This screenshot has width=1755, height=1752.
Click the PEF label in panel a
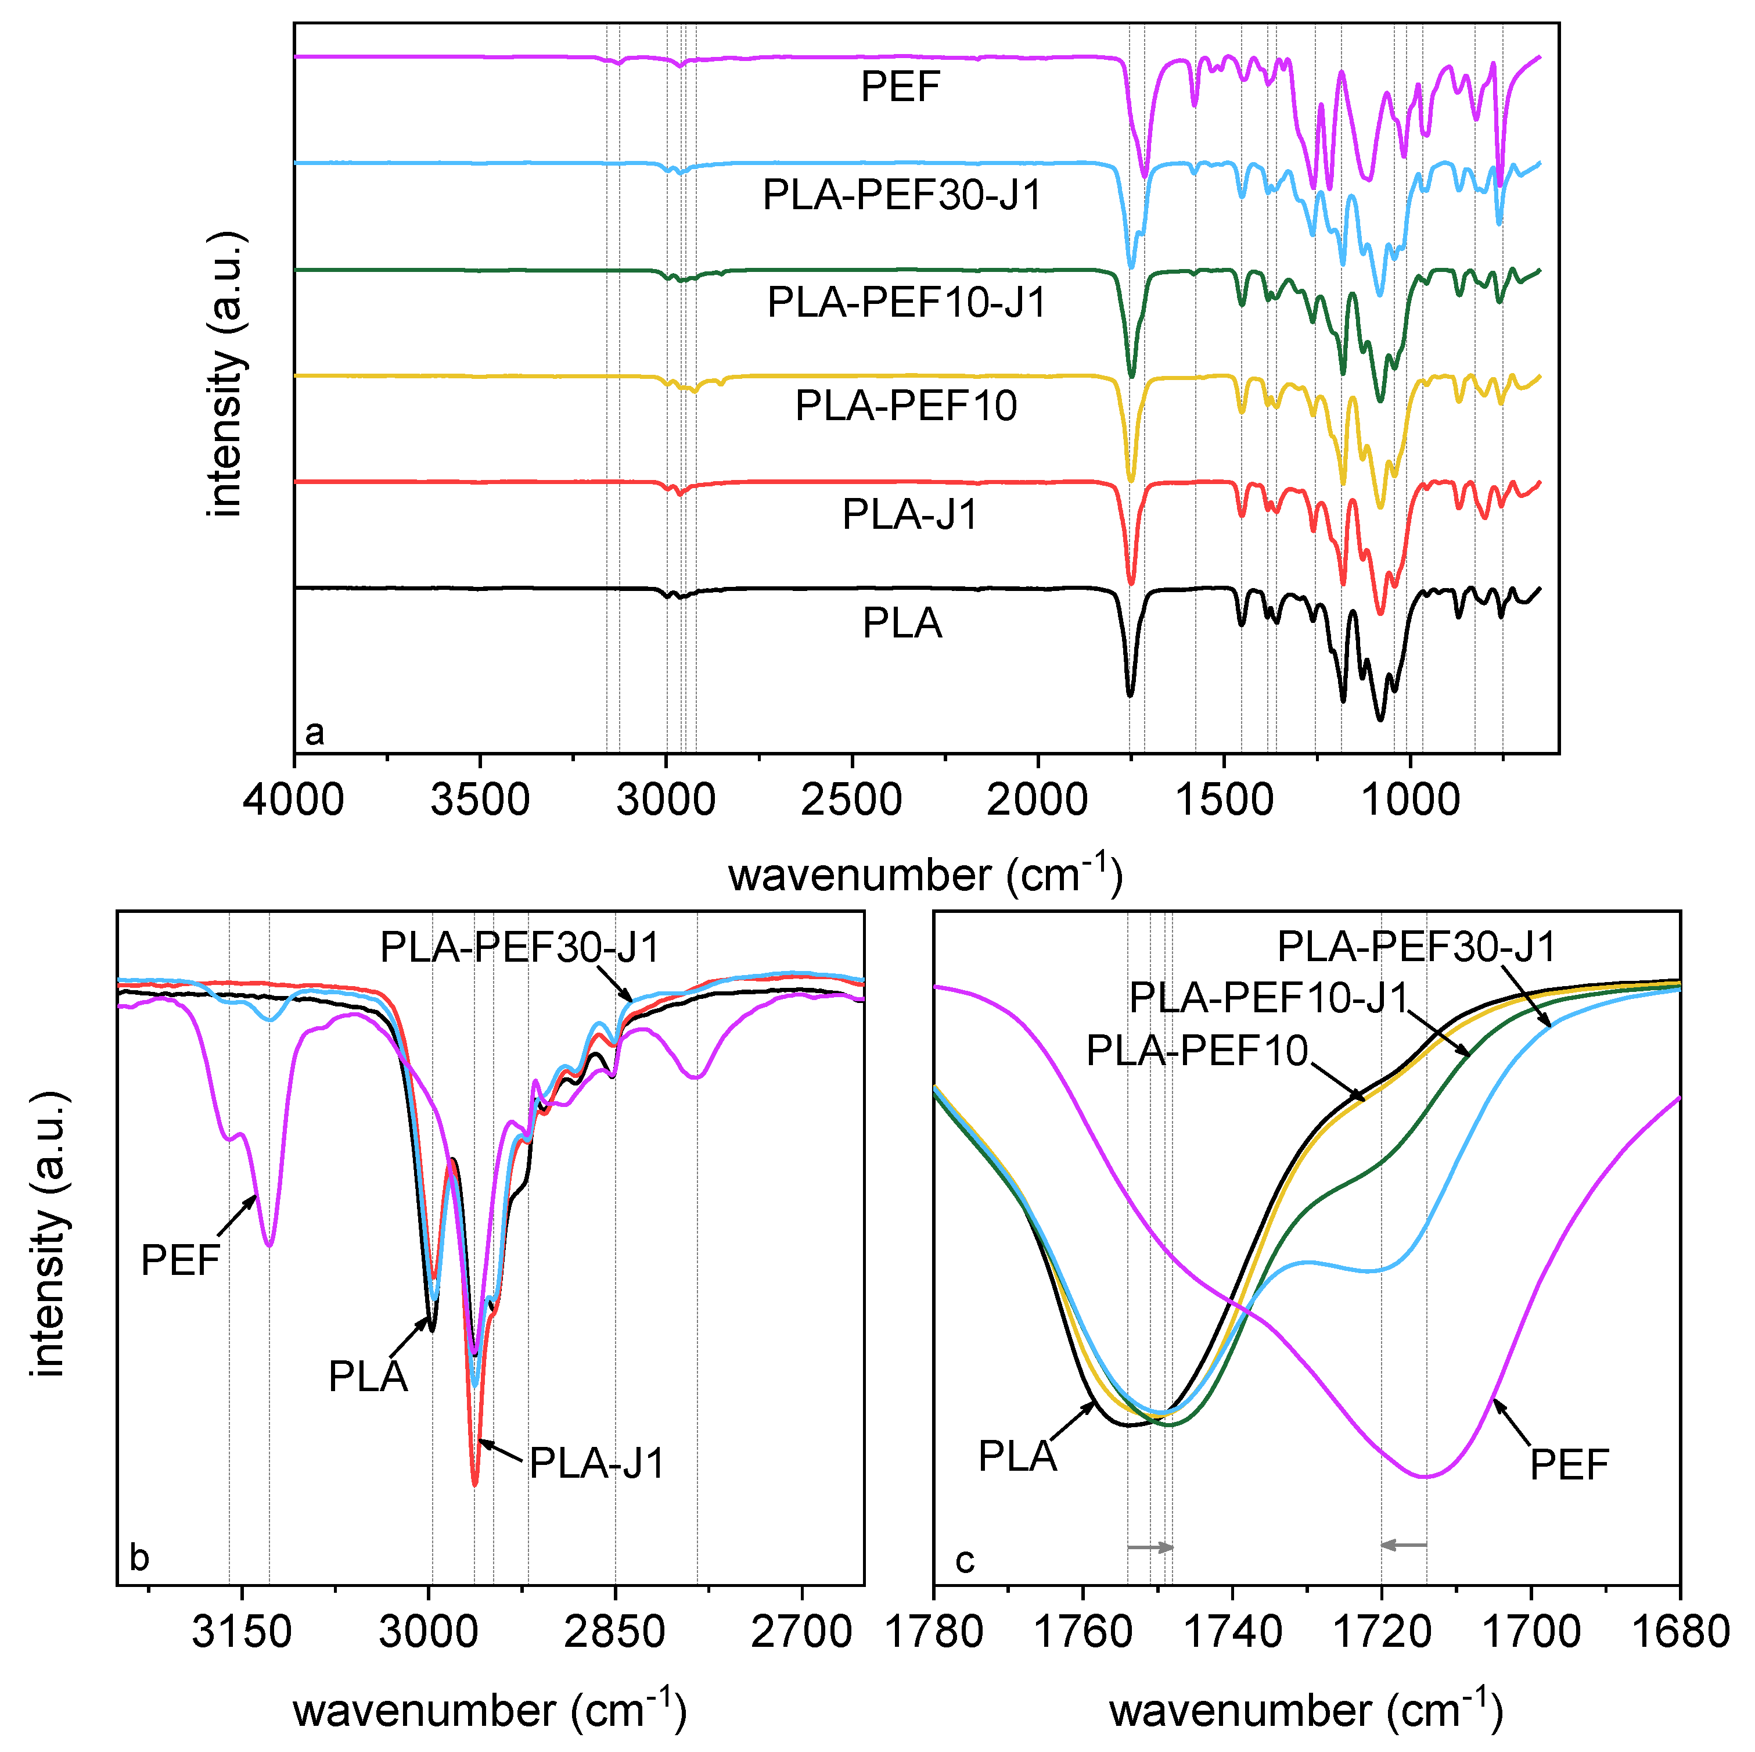click(900, 87)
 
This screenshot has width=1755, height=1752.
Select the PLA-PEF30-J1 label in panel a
click(902, 195)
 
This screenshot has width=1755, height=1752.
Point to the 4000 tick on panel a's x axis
click(293, 801)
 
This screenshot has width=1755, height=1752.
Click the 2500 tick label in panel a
click(851, 801)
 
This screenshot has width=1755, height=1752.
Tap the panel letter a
click(314, 732)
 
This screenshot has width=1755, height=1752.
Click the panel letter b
click(139, 1557)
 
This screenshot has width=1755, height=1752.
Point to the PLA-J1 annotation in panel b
click(597, 1463)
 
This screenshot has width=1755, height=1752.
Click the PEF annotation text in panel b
click(181, 1260)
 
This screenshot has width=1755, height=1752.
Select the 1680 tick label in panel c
click(1679, 1633)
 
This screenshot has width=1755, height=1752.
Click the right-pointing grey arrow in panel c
click(1150, 1547)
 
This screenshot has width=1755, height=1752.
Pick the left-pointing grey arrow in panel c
click(1404, 1545)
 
